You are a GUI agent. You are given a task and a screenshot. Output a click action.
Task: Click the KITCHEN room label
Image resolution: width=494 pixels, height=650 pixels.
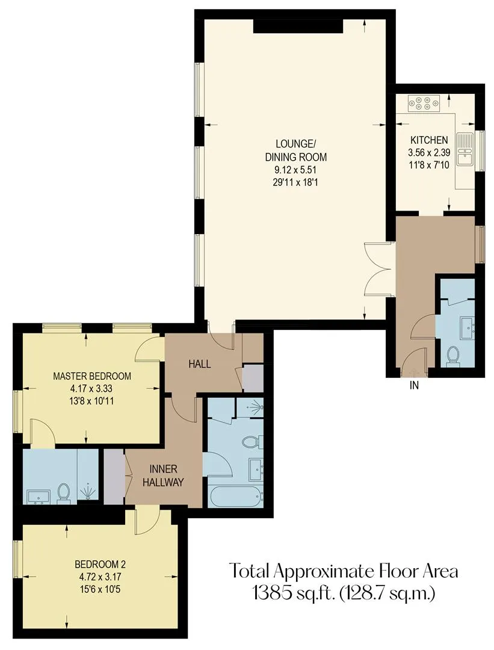429,140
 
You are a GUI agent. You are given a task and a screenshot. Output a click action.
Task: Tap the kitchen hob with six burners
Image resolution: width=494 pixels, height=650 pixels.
423,104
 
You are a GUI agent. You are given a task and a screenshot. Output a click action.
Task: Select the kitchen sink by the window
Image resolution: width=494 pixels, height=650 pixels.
466,149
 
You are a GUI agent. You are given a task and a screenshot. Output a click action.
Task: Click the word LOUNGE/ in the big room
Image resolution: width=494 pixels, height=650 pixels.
295,144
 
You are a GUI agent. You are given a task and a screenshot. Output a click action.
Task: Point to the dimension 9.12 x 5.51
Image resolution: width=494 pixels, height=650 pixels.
295,170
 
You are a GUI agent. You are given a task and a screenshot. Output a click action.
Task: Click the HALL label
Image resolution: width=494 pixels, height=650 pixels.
200,364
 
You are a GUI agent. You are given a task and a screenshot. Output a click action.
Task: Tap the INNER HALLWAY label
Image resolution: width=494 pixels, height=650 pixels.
163,475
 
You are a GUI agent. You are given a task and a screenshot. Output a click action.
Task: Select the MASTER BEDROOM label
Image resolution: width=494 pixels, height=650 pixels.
92,376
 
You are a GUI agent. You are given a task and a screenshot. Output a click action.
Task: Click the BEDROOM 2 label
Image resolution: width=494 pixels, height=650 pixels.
100,564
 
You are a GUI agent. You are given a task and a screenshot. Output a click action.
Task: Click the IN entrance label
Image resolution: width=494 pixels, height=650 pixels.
414,386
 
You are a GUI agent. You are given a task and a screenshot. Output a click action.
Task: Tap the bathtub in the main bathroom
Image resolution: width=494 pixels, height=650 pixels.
235,495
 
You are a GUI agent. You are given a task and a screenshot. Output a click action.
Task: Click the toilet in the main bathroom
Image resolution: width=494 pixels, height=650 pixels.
251,442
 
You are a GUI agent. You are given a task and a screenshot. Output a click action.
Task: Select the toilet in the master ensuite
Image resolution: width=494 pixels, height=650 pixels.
63,493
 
